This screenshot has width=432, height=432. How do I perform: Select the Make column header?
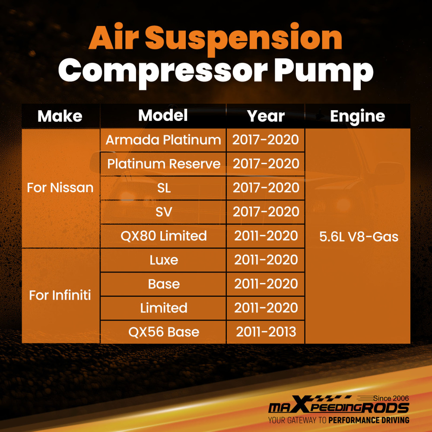tap(60, 116)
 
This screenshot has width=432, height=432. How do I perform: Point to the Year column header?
tap(266, 116)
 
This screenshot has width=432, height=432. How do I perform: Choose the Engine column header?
tap(357, 116)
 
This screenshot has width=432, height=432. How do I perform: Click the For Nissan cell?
tap(60, 187)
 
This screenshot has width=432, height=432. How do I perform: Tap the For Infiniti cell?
tap(60, 295)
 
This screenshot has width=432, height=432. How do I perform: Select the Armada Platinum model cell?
tap(163, 140)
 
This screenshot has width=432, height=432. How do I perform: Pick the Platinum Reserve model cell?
tap(164, 164)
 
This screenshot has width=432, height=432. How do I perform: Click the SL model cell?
tap(164, 188)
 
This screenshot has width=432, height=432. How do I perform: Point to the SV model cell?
tap(164, 212)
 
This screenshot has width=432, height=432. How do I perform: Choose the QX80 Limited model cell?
tap(164, 236)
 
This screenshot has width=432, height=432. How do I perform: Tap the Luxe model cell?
tap(164, 260)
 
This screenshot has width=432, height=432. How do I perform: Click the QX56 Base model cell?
tap(164, 332)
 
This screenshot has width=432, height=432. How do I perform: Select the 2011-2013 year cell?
tap(266, 332)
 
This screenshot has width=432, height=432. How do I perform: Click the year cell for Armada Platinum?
tap(266, 140)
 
